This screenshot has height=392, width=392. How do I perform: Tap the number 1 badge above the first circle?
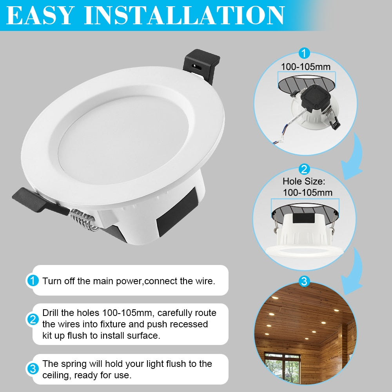point(304,53)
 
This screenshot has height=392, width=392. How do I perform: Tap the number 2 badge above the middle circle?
point(304,169)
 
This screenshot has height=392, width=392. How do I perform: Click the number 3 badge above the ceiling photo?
point(304,281)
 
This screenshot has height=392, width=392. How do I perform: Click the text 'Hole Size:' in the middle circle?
point(304,181)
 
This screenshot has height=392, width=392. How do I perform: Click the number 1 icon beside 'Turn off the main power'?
point(33,281)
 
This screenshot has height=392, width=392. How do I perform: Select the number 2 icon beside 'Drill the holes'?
point(33,319)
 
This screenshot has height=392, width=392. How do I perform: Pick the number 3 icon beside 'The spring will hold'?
point(33,369)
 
